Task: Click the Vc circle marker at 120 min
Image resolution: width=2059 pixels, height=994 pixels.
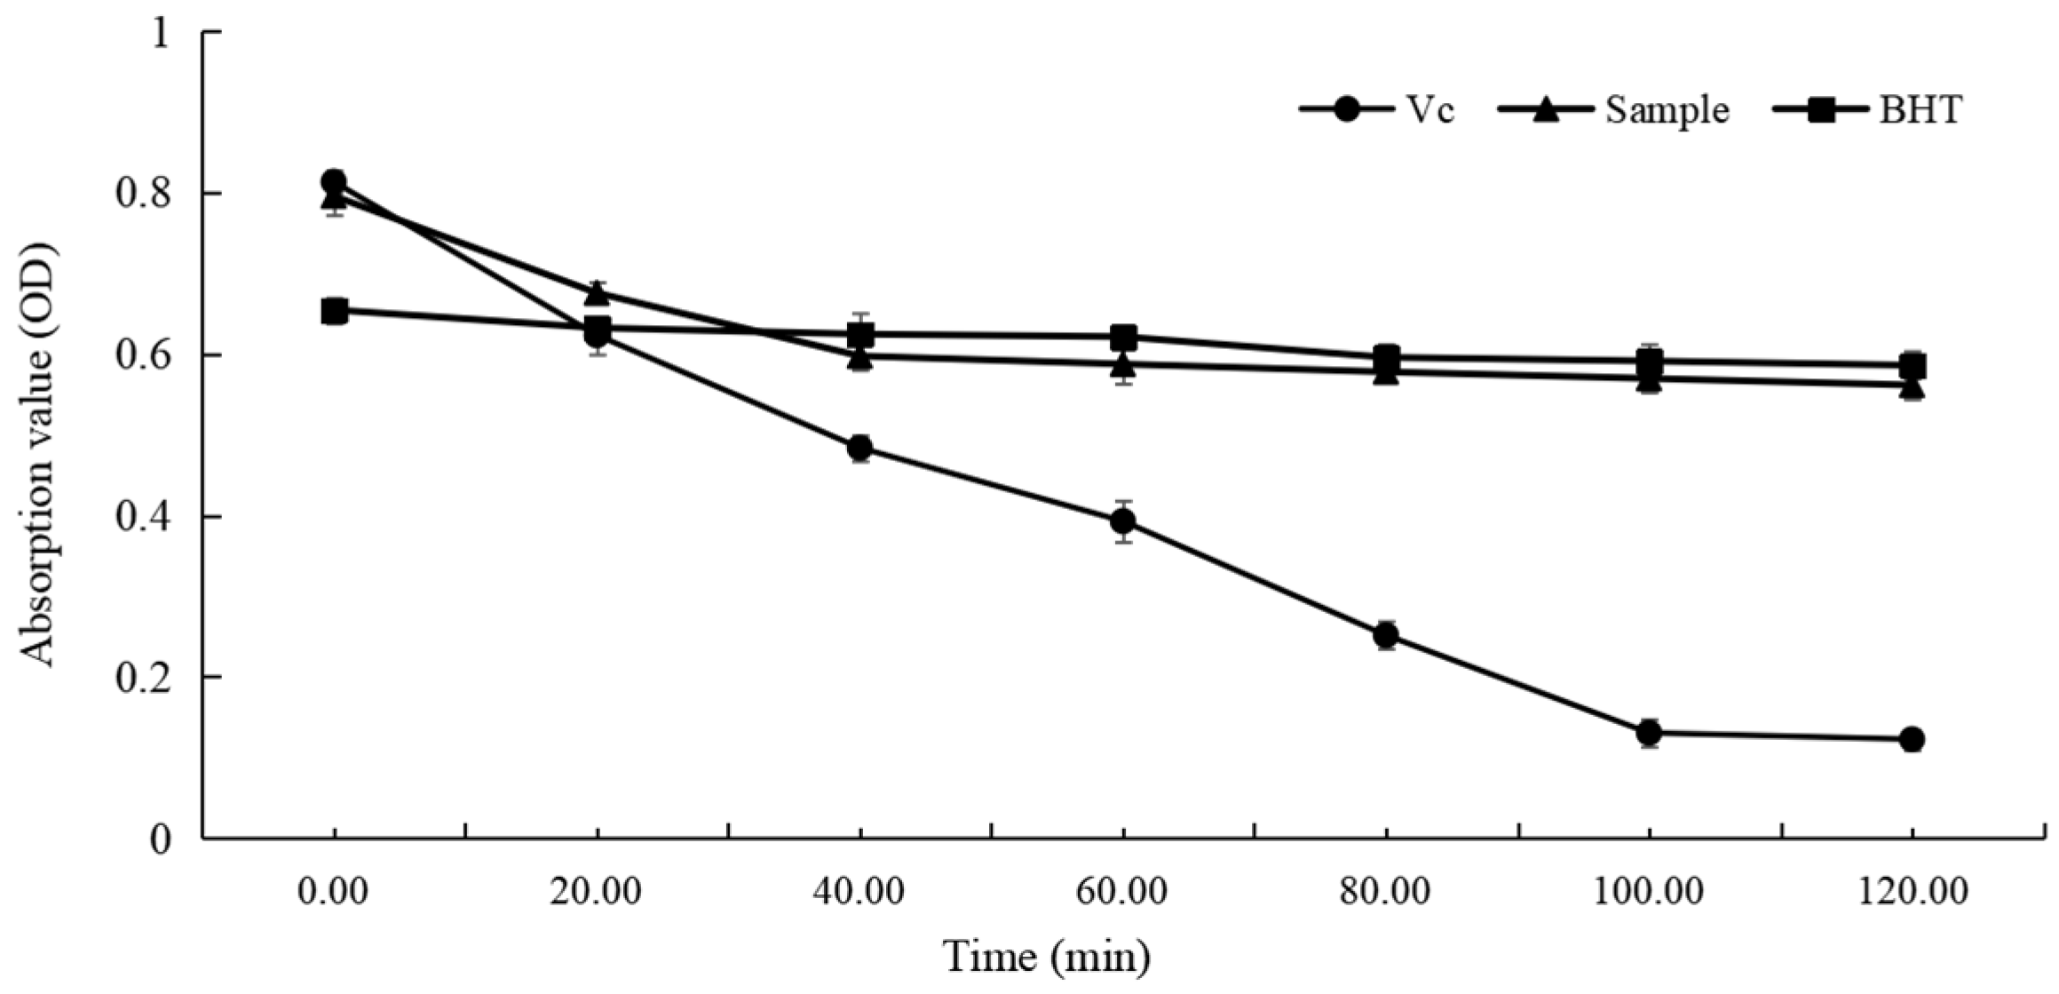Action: pyautogui.click(x=1912, y=739)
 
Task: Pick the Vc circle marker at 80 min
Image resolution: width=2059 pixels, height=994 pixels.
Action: pyautogui.click(x=1386, y=635)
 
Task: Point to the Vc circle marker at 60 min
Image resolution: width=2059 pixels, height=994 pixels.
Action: pyautogui.click(x=1123, y=521)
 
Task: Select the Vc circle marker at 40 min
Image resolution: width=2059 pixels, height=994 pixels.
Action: pyautogui.click(x=859, y=448)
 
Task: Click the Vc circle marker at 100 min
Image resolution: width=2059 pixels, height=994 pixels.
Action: pyautogui.click(x=1649, y=733)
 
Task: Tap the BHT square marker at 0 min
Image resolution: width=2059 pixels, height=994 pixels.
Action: pyautogui.click(x=334, y=311)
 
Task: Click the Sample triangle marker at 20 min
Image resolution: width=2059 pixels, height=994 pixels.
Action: pyautogui.click(x=597, y=291)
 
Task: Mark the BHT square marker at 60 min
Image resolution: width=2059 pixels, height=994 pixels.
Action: pyautogui.click(x=1123, y=337)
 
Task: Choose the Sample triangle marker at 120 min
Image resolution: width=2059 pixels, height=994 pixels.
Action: pyautogui.click(x=1912, y=388)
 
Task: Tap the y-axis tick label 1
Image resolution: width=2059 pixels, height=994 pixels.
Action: pyautogui.click(x=160, y=34)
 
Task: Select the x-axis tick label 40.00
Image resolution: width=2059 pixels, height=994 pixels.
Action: pyautogui.click(x=859, y=892)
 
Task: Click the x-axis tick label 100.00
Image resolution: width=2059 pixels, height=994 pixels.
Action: pyautogui.click(x=1648, y=892)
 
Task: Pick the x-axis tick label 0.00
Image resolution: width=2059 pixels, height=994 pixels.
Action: pyautogui.click(x=333, y=892)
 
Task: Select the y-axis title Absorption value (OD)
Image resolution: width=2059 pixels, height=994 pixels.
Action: pyautogui.click(x=39, y=453)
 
